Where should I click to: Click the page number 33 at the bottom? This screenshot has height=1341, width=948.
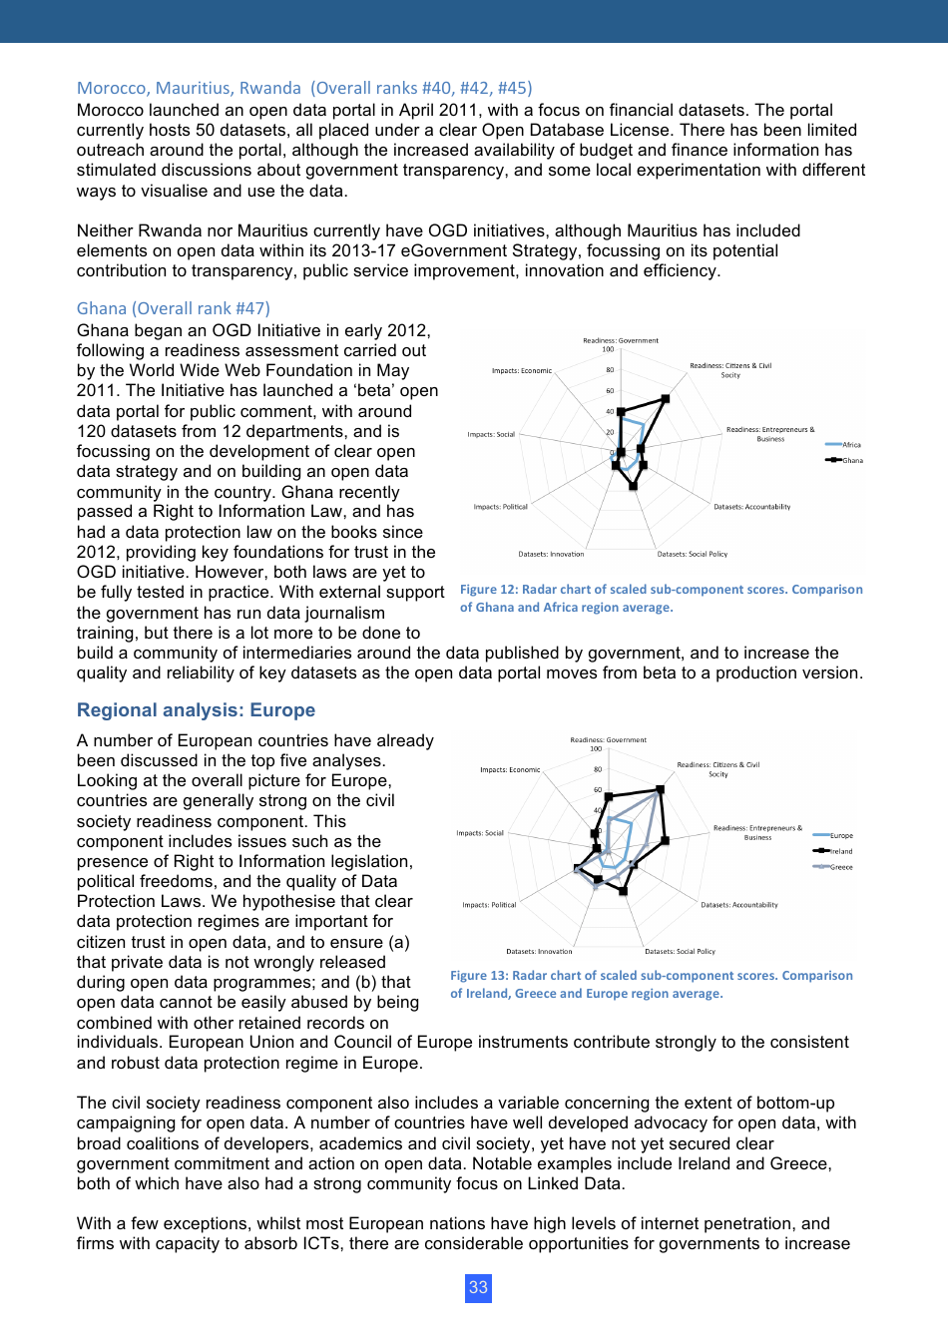click(x=478, y=1287)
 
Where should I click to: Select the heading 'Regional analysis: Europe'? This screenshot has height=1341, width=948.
click(x=196, y=710)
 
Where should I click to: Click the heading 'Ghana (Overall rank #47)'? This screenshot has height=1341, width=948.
click(x=173, y=308)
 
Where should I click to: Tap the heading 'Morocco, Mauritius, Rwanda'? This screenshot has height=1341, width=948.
click(x=189, y=88)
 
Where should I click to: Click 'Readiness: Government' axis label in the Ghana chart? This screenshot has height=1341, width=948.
click(x=621, y=340)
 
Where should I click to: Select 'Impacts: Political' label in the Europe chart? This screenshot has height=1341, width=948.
click(x=489, y=905)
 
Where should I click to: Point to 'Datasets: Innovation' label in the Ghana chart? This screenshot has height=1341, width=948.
click(x=551, y=554)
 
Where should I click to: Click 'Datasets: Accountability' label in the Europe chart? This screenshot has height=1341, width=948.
click(x=739, y=905)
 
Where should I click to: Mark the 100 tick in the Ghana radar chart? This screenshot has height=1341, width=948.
click(x=608, y=349)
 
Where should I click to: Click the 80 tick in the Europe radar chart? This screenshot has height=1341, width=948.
click(x=598, y=769)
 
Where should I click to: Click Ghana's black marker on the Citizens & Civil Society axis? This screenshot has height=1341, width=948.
click(x=666, y=399)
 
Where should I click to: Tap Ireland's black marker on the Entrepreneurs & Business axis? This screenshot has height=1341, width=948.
click(x=665, y=840)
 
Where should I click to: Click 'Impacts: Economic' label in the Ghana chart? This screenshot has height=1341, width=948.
click(x=521, y=370)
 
